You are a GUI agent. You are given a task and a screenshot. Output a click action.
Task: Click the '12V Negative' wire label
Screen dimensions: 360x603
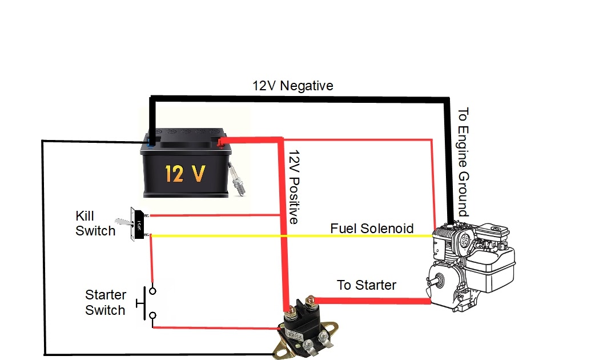(293, 86)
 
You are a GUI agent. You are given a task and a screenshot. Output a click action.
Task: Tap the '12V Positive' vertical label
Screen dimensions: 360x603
(294, 187)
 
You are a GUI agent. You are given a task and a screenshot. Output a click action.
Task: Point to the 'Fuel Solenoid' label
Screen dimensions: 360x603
(372, 229)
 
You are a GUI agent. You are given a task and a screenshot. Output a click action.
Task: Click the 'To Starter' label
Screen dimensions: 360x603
(366, 285)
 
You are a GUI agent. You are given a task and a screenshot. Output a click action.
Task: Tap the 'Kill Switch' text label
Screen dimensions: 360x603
(95, 223)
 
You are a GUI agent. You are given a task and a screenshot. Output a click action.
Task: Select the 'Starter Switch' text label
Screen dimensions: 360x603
(105, 302)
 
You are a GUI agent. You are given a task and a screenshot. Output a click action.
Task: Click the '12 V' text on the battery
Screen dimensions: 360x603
(184, 173)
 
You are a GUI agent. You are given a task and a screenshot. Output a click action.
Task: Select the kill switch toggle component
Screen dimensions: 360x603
(136, 223)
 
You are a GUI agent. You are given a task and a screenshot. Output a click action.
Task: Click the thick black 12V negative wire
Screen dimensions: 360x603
(297, 98)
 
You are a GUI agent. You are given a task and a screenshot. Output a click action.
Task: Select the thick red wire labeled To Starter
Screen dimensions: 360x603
(371, 299)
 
